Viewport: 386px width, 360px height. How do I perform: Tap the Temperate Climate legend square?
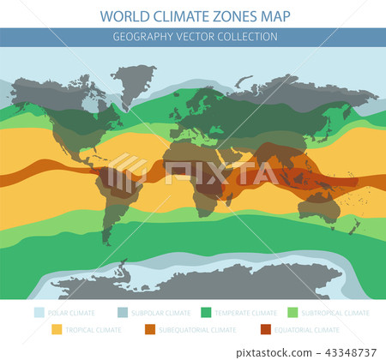(205, 313)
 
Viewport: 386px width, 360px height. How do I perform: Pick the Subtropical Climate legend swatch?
(293, 313)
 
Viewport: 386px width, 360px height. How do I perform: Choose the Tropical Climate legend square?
(57, 329)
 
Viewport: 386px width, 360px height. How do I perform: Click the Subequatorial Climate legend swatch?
(148, 329)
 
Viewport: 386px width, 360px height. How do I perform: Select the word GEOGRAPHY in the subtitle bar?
(142, 37)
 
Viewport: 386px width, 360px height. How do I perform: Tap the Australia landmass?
(318, 206)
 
